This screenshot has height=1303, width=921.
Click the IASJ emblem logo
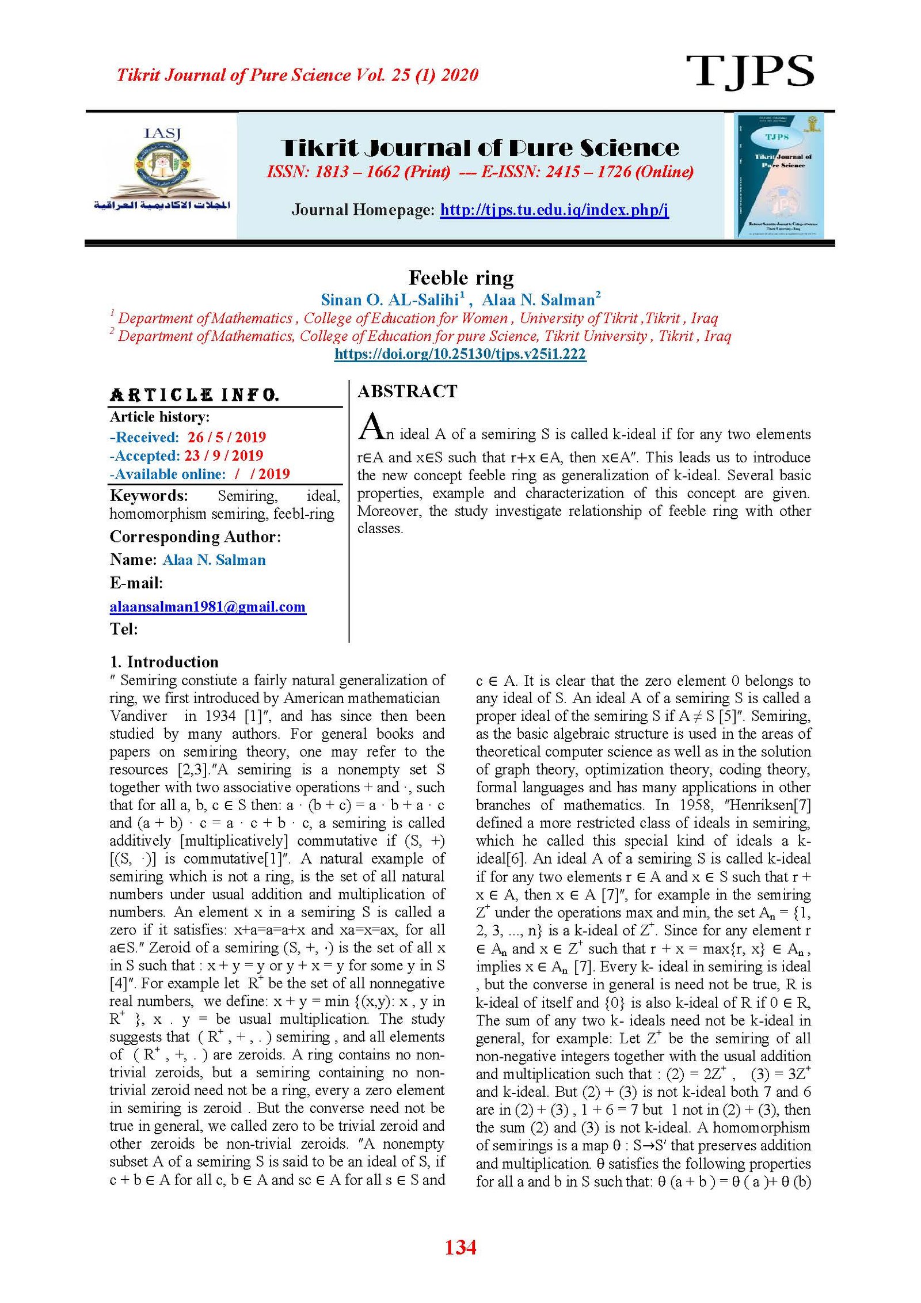coord(162,170)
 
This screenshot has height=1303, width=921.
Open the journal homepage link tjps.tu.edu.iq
coord(554,210)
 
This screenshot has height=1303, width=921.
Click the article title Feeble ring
coord(461,278)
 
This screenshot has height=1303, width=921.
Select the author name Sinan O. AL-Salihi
coord(390,299)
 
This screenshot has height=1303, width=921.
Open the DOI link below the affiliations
coord(460,354)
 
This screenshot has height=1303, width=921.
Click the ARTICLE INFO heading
coord(195,395)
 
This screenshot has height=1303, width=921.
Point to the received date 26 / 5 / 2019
coord(226,437)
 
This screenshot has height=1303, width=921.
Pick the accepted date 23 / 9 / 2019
coord(223,455)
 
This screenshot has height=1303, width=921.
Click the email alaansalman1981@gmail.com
coord(207,606)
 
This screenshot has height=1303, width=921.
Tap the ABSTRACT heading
coord(407,392)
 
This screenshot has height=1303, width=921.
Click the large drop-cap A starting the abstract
coord(371,427)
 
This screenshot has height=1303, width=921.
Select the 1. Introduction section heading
coord(164,662)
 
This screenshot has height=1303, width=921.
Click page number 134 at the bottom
coord(461,1247)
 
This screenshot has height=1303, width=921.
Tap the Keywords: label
coord(149,496)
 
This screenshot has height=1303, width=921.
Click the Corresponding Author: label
coord(195,537)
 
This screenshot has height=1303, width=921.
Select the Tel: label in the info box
coord(124,629)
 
